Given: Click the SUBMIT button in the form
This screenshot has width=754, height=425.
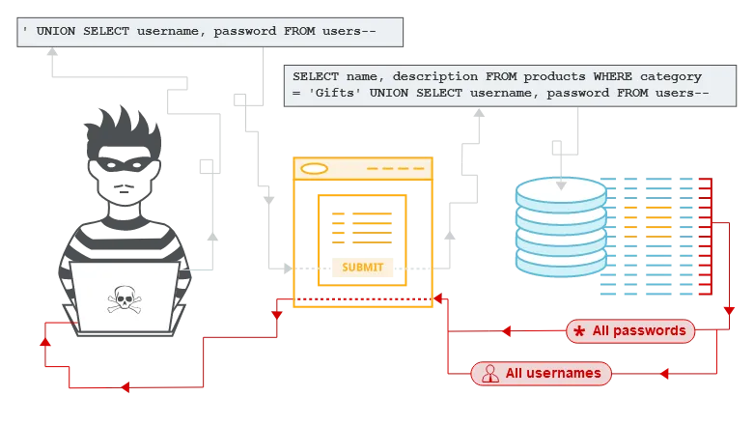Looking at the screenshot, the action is pos(362,268).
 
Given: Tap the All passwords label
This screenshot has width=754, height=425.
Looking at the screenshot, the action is pos(630,331).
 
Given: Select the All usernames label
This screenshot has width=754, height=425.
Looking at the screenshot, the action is pos(541,374).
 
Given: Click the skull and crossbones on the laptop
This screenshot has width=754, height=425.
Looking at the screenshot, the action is pos(125,299).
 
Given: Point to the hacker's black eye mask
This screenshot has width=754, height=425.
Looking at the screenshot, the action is pos(125,164).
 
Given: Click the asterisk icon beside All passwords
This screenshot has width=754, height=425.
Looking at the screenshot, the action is pos(579,331).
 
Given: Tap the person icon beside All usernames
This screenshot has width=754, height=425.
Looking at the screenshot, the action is pos(490,374).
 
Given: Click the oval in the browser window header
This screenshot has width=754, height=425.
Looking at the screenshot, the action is pos(314,168).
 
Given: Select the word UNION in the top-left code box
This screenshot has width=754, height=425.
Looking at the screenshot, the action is pos(56,31).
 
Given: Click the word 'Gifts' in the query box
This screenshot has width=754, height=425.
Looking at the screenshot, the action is pos(335,93).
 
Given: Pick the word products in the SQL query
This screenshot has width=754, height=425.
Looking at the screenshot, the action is pos(554,77).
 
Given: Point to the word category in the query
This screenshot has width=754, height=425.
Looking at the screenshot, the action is pos(671,77).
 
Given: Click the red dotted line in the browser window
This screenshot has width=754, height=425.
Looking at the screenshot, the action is pos(364,299).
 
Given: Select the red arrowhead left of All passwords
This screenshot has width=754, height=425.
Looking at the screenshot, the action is pos(506,331).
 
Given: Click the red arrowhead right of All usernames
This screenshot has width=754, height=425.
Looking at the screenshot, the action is pos(664,374).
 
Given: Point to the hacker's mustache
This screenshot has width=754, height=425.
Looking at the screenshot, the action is pos(125,186).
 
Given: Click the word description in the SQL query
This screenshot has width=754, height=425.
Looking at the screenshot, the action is pos(435,77).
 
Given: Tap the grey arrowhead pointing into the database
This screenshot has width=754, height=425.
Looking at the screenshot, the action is pos(561,185).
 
